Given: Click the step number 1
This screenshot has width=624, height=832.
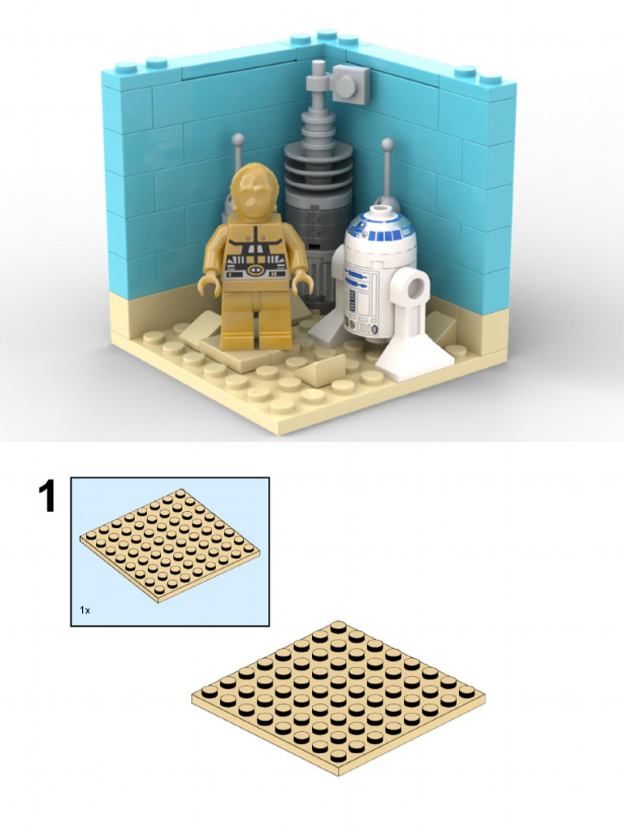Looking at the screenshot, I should (x=49, y=496).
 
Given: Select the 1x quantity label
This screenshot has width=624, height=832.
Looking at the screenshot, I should (x=84, y=609).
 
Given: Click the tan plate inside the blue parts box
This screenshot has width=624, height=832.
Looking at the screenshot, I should (x=169, y=545).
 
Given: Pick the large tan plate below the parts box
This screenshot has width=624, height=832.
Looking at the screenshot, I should (x=338, y=697).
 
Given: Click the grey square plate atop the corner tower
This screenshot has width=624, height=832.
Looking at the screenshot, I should (x=350, y=83).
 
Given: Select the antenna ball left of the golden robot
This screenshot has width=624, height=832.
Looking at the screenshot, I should (x=237, y=141).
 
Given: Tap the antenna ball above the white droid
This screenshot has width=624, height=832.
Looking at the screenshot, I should (x=388, y=145).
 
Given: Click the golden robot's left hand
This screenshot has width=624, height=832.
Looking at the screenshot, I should (x=303, y=284).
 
